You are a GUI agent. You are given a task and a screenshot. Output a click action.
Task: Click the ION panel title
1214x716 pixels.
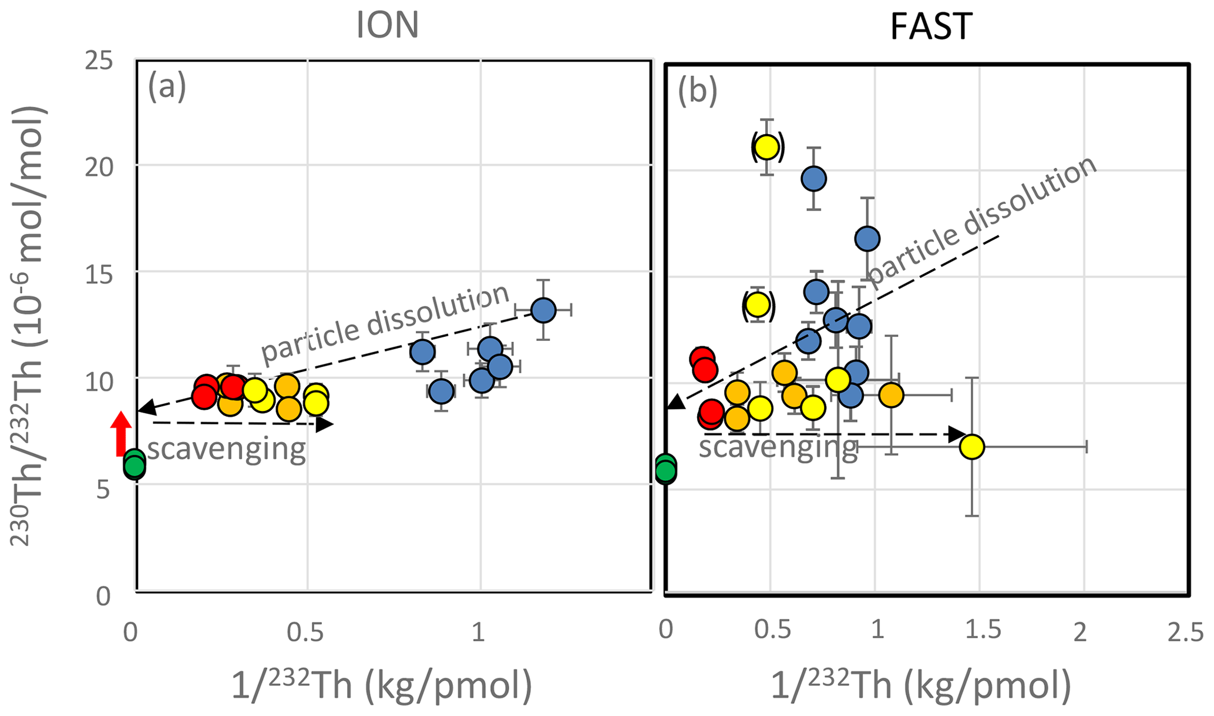click(x=387, y=26)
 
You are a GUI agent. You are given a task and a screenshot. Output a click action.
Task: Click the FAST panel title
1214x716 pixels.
click(x=931, y=26)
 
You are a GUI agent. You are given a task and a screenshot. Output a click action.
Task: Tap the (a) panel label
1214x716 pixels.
click(x=167, y=87)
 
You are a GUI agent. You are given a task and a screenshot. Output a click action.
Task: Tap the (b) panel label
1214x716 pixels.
click(x=697, y=91)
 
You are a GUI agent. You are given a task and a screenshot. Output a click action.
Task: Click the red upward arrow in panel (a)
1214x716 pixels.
click(x=121, y=433)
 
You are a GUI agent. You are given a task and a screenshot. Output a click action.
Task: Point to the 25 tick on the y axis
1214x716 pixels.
click(x=98, y=61)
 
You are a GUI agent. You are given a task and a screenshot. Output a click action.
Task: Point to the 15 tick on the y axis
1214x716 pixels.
click(x=98, y=274)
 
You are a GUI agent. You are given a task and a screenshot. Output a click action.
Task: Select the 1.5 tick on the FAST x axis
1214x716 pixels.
click(x=983, y=631)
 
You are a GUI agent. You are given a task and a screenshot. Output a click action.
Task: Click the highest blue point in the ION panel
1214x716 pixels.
click(x=543, y=310)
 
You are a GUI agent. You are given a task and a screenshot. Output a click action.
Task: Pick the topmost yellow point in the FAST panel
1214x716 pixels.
click(x=766, y=146)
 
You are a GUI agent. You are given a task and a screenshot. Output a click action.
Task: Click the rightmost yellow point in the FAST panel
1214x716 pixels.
click(x=971, y=447)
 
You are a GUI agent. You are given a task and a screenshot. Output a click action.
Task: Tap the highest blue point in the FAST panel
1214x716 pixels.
click(x=813, y=178)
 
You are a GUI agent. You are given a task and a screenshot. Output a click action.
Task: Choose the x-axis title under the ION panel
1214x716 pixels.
click(x=381, y=685)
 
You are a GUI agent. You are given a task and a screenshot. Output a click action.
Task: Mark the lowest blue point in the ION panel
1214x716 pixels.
click(x=440, y=391)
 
